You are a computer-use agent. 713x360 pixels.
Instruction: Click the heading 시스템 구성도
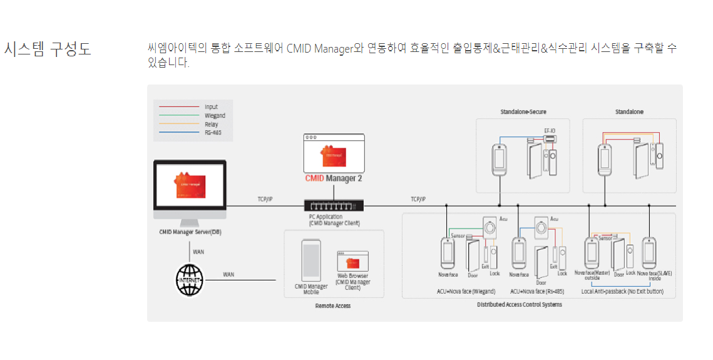click(48, 49)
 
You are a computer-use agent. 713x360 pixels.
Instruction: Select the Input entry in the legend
click(211, 107)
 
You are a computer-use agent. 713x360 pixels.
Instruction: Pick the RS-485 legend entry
click(213, 133)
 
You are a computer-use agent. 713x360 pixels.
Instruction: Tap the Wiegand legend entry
click(215, 116)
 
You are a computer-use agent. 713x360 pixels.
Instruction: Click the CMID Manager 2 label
click(333, 178)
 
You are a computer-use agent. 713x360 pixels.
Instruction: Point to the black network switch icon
click(333, 205)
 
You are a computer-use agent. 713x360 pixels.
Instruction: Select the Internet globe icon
click(190, 279)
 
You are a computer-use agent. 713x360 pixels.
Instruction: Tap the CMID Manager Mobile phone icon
click(311, 260)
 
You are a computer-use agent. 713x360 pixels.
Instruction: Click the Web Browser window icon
click(353, 261)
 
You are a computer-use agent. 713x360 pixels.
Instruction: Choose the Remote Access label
click(332, 306)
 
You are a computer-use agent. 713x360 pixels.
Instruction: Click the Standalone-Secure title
click(523, 111)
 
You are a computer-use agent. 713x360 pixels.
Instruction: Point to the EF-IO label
click(550, 131)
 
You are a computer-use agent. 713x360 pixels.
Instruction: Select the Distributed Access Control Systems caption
click(519, 305)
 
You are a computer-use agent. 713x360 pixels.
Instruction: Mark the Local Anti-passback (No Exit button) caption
click(622, 292)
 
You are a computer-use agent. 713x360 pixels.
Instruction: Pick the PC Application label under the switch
click(334, 220)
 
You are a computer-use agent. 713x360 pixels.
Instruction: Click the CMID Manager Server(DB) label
click(190, 232)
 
